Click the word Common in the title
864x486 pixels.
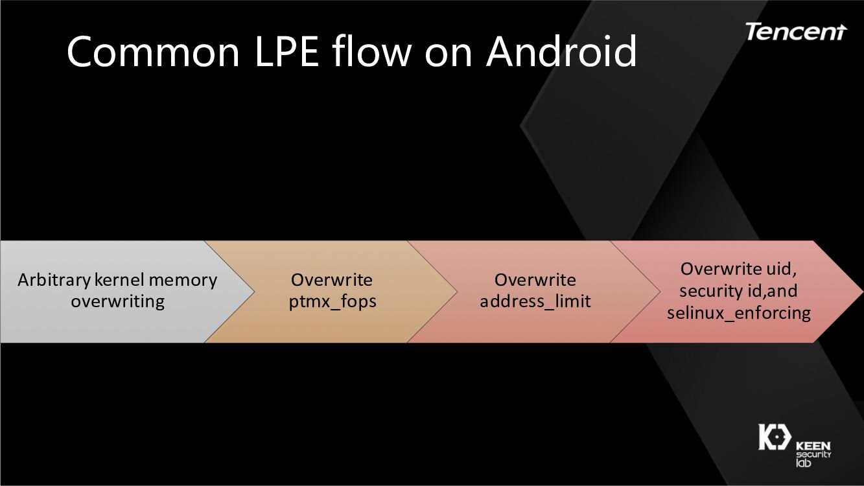click(153, 52)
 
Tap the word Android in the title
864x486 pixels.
click(561, 52)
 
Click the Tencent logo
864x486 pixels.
click(795, 31)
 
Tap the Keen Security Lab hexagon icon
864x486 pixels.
click(773, 437)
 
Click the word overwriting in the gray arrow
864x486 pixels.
click(117, 301)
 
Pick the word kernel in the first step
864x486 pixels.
click(119, 281)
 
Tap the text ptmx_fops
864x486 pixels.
click(333, 302)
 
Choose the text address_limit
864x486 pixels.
click(535, 302)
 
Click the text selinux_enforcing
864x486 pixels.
click(739, 313)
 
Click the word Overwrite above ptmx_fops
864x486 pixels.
click(332, 281)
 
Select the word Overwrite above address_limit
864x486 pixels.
click(535, 281)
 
